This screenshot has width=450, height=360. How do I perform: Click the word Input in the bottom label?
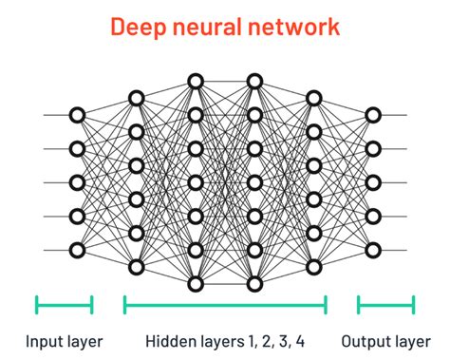pos(43,340)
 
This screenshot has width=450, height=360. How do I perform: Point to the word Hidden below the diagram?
pos(168,340)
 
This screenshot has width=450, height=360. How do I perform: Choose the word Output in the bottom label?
pos(366,340)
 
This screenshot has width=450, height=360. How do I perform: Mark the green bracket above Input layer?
pos(64,304)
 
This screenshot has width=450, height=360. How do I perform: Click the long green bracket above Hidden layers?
pos(225,304)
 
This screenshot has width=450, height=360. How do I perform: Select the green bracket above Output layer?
pos(385,304)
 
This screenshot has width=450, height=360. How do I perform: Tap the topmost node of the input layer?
pos(77,115)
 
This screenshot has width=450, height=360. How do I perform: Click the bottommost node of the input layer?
pos(77,251)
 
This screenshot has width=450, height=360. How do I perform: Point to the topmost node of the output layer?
pos(373,115)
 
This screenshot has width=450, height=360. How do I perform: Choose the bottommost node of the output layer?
pos(373,251)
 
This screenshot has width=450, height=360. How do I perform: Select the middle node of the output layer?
pos(373,182)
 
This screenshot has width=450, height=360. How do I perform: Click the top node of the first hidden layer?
pos(136,98)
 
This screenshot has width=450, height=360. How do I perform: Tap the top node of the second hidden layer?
pos(196,81)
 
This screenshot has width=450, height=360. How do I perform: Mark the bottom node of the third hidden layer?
pos(253,284)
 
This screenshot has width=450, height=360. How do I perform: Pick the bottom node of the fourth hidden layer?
pos(314,267)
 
